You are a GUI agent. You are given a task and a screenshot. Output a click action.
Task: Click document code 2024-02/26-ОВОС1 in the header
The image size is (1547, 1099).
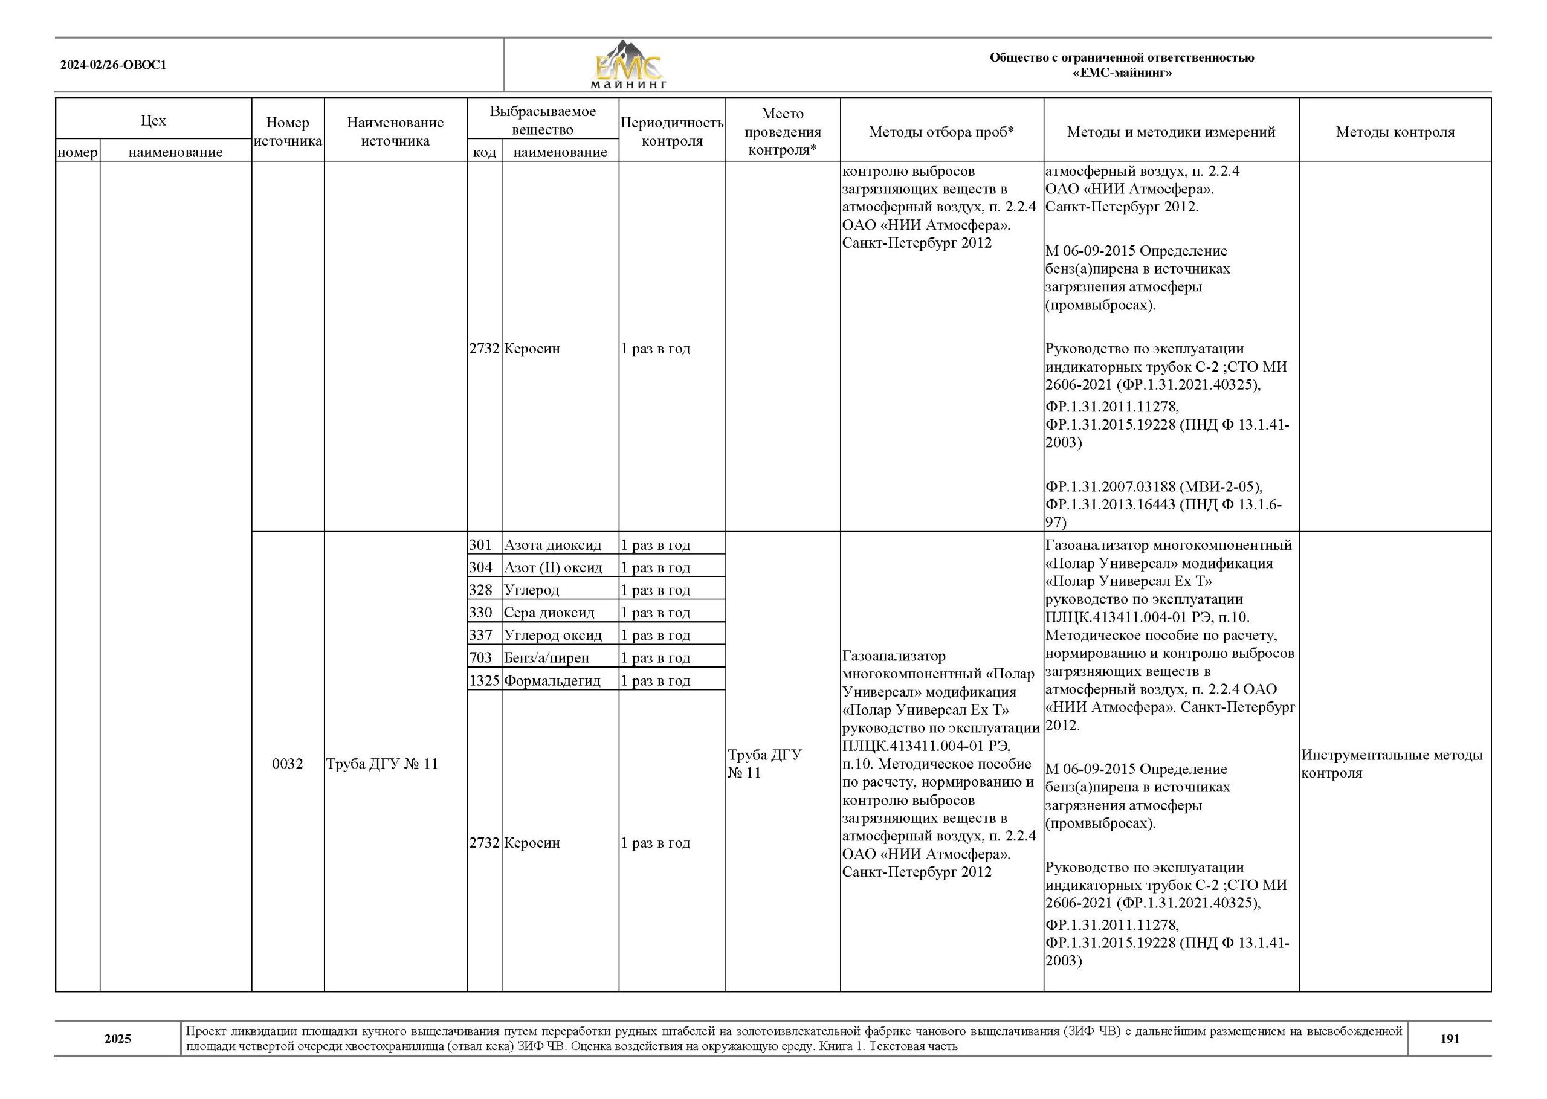pyautogui.click(x=113, y=66)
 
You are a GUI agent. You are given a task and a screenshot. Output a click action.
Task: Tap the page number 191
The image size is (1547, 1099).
pyautogui.click(x=1449, y=1039)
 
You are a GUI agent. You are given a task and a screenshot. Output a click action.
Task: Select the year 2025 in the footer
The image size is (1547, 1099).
pyautogui.click(x=118, y=1039)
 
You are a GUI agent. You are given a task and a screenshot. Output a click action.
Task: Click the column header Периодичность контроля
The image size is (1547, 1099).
pyautogui.click(x=671, y=132)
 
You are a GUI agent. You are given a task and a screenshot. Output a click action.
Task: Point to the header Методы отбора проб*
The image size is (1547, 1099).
pyautogui.click(x=941, y=132)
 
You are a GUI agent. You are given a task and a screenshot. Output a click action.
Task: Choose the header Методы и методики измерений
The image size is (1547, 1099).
pyautogui.click(x=1171, y=132)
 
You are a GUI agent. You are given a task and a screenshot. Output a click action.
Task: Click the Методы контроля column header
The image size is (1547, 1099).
pyautogui.click(x=1395, y=132)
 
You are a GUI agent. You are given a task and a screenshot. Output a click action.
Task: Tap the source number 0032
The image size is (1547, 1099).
pyautogui.click(x=288, y=764)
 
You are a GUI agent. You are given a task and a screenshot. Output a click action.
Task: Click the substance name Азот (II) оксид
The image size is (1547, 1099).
pyautogui.click(x=553, y=568)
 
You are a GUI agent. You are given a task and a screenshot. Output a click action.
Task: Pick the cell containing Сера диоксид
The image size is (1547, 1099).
pyautogui.click(x=549, y=613)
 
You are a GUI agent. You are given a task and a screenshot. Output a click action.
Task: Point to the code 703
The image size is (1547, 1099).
pyautogui.click(x=480, y=658)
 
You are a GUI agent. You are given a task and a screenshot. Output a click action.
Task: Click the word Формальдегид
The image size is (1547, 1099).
pyautogui.click(x=552, y=681)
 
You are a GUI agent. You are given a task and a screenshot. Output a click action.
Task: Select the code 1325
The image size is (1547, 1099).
pyautogui.click(x=484, y=681)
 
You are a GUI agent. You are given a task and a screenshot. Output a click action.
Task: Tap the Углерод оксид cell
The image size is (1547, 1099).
pyautogui.click(x=553, y=636)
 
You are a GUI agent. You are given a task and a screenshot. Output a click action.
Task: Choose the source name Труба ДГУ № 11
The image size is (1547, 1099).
pyautogui.click(x=383, y=764)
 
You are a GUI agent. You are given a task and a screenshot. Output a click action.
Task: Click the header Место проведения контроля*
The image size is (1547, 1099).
pyautogui.click(x=783, y=132)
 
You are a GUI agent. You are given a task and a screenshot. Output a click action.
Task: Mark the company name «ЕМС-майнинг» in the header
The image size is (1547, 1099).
pyautogui.click(x=1122, y=73)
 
